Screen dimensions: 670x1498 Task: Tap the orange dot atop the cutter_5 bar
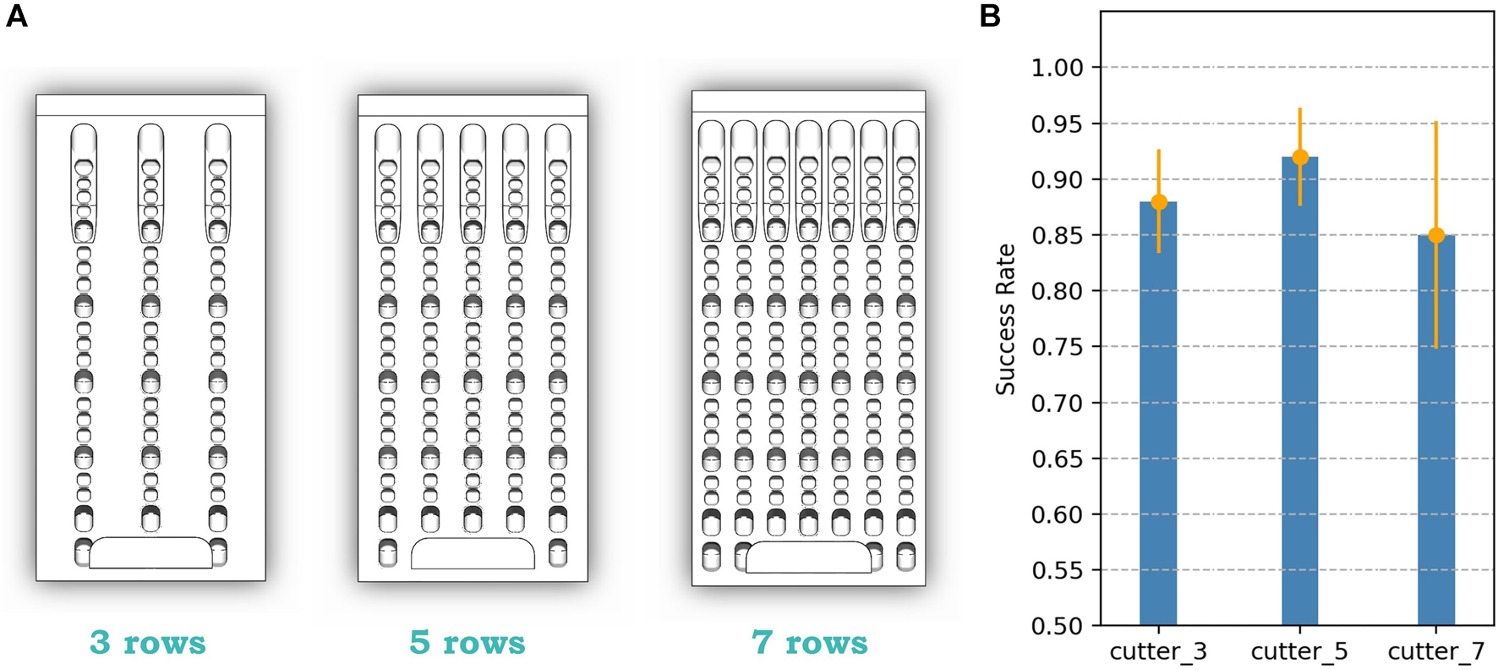coord(1300,157)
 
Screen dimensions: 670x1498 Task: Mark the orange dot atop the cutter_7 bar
coord(1436,235)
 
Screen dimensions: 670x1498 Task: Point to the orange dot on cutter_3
coord(1159,202)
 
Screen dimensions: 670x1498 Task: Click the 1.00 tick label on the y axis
coord(1057,68)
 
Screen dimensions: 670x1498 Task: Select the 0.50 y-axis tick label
coord(1057,626)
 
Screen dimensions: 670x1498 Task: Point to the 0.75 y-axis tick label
coord(1057,347)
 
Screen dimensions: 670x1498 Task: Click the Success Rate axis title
coord(1005,319)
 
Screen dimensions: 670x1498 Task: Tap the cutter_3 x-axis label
coord(1158,651)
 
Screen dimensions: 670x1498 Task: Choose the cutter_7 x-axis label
coord(1436,651)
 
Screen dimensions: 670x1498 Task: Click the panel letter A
coord(16,16)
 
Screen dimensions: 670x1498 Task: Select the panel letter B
coord(990,16)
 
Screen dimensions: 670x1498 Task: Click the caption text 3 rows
coord(148,643)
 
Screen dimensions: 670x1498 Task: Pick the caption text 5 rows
coord(467,643)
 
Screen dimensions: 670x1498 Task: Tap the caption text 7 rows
coord(810,643)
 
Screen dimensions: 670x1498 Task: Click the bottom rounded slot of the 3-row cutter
coord(150,552)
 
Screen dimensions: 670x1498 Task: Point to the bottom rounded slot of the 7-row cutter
coord(808,557)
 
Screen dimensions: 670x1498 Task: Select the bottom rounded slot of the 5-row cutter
coord(473,553)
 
